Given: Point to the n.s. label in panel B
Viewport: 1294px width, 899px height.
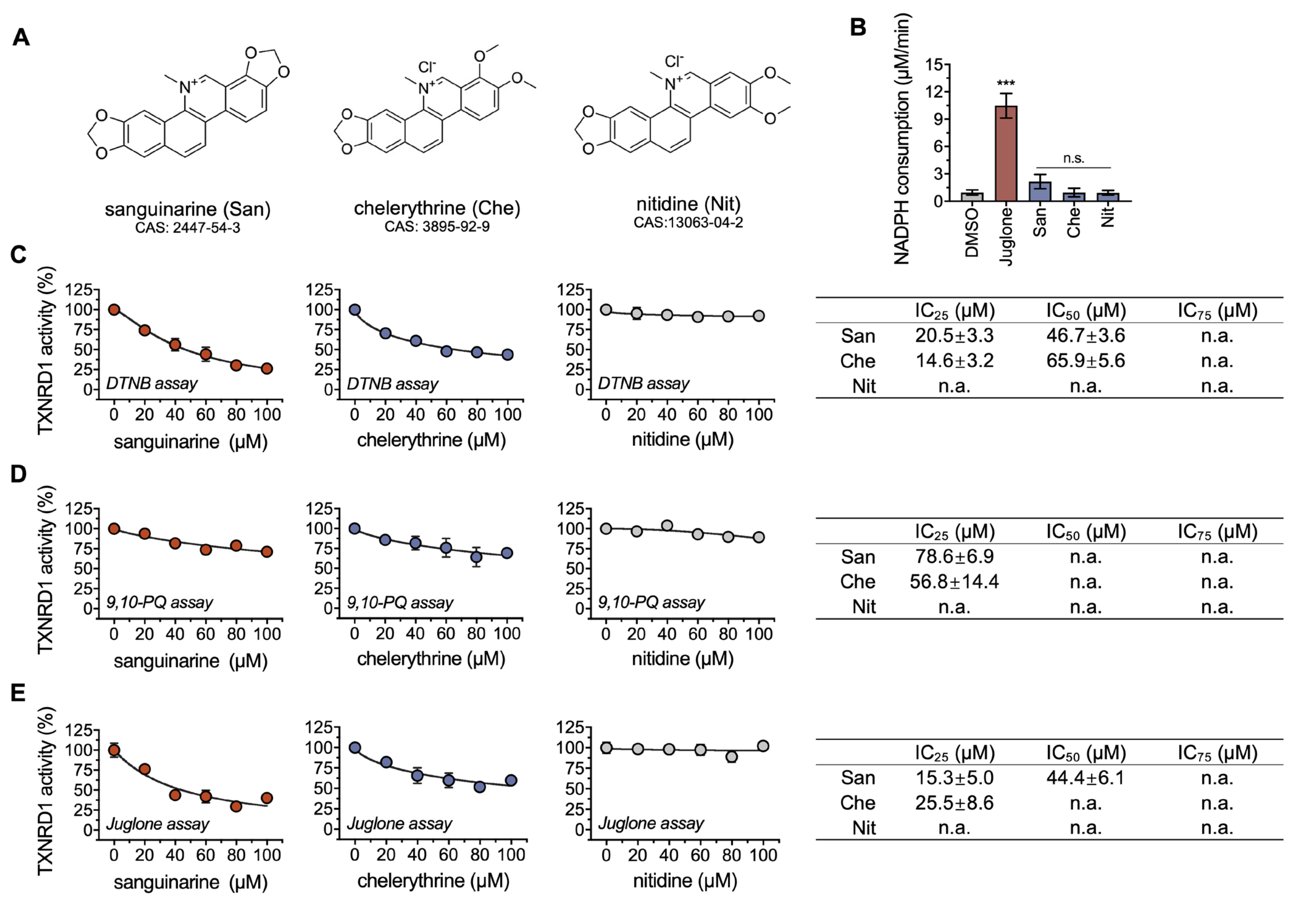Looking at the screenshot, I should pos(1073,159).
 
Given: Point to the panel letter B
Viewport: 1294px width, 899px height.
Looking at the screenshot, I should pos(858,27).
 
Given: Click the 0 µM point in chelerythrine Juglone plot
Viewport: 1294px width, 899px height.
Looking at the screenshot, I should pos(354,747).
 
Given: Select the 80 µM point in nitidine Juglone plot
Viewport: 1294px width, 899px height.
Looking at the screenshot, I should pos(731,756).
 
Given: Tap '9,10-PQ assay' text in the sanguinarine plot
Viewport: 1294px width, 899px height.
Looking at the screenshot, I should pos(159,603).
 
